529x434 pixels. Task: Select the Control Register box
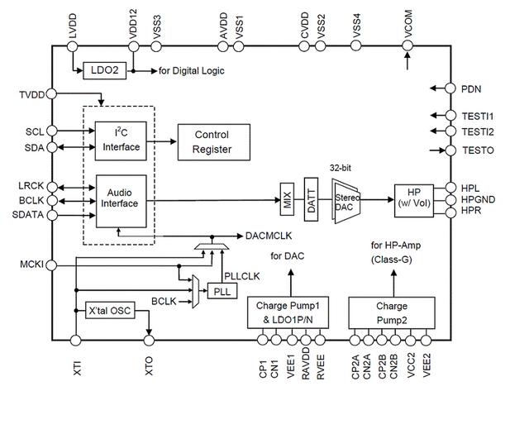[x=212, y=141]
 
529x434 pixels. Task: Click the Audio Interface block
[x=121, y=198]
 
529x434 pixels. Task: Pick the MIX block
[x=288, y=199]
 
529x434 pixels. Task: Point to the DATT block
[x=311, y=198]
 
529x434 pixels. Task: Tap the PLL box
[x=222, y=291]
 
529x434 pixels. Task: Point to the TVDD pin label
[x=31, y=95]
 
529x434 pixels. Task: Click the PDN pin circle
[x=450, y=88]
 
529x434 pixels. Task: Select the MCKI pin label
[x=31, y=265]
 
